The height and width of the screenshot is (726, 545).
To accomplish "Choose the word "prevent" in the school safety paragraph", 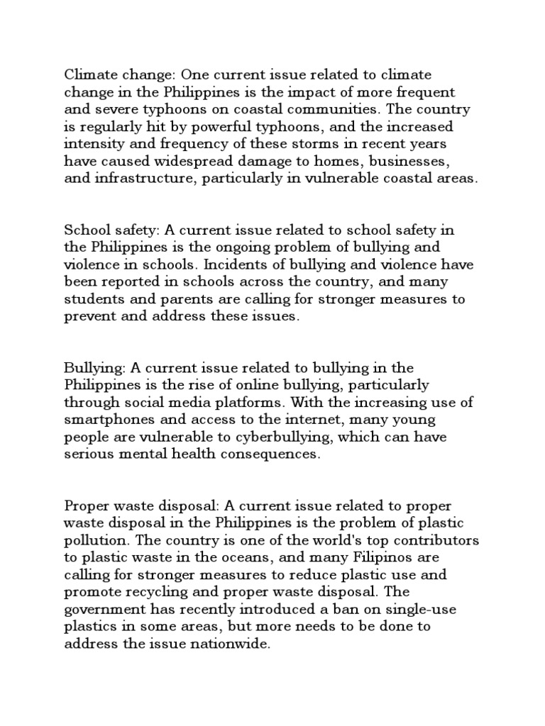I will (x=88, y=317).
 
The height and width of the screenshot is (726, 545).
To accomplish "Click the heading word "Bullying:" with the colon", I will (x=90, y=368).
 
